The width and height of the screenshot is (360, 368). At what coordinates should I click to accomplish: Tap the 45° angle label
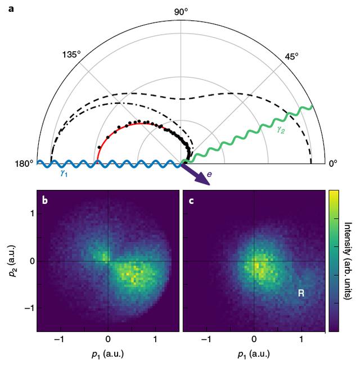tap(291, 56)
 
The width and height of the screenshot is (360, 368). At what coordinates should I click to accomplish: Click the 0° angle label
tap(333, 164)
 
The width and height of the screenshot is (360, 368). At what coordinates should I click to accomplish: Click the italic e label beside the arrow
tap(209, 175)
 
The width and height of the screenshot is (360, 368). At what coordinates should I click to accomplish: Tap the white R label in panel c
tap(301, 293)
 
